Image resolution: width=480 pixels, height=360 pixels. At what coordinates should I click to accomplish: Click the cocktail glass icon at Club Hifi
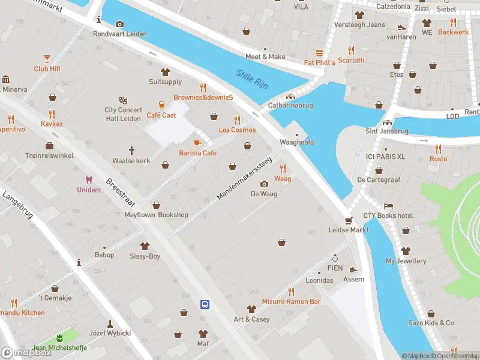click(x=47, y=58)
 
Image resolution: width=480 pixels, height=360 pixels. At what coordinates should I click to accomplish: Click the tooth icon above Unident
click(x=89, y=179)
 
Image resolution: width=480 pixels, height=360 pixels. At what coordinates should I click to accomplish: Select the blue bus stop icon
click(x=205, y=304)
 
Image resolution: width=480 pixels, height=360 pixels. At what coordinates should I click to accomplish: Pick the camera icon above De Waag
click(x=264, y=184)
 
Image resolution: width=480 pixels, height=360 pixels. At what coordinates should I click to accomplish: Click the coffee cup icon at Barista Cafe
click(x=197, y=143)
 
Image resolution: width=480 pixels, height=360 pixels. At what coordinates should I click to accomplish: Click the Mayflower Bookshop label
click(x=156, y=215)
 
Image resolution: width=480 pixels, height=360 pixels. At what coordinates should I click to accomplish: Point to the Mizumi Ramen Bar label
click(x=291, y=301)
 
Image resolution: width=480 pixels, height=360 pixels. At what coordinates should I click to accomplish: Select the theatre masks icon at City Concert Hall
click(x=123, y=100)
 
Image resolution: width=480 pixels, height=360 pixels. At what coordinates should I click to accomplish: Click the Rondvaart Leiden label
click(x=120, y=34)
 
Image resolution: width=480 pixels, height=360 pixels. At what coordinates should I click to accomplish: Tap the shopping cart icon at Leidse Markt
click(x=347, y=220)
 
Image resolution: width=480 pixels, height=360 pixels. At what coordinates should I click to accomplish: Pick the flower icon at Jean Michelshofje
click(x=59, y=338)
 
